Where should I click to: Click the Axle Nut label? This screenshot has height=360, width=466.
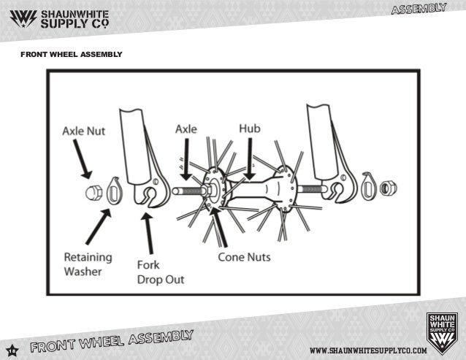tap(83, 132)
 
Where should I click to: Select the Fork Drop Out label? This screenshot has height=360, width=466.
tap(160, 271)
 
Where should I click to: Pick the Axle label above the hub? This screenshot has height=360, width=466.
tap(186, 129)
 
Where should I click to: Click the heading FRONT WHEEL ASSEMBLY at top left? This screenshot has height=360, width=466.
tap(71, 55)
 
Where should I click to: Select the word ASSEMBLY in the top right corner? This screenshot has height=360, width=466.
tap(419, 9)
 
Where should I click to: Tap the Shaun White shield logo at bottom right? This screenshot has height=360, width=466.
tap(442, 332)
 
